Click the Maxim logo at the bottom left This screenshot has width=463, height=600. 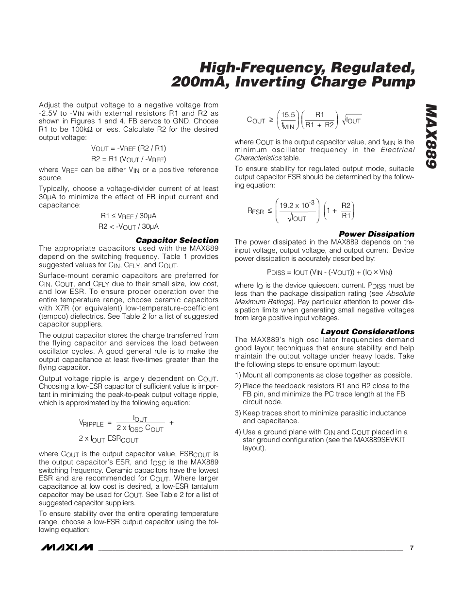pos(66,548)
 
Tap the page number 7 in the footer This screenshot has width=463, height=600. pos(412,548)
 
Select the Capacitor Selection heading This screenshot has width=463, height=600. pos(177,240)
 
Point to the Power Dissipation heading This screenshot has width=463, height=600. pos(376,234)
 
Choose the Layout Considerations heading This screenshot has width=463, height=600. pos(367,332)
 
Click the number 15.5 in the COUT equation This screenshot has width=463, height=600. pos(288,115)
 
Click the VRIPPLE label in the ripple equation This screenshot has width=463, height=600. pos(91,424)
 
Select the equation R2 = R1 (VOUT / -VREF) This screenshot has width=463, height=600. pos(129,159)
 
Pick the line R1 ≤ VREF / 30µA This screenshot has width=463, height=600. pos(129,216)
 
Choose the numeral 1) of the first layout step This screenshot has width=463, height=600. pos(238,375)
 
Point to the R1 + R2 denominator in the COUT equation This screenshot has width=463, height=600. pos(319,125)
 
